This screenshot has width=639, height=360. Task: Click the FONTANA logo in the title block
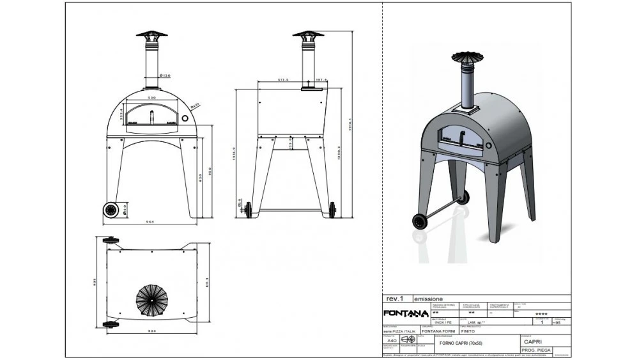click(x=406, y=313)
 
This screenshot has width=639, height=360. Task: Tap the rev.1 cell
click(x=395, y=299)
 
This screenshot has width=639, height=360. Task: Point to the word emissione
click(x=428, y=299)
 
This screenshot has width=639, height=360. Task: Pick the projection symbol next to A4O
click(x=408, y=340)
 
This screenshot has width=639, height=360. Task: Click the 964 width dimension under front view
click(x=151, y=222)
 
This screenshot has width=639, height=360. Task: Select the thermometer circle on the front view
click(x=185, y=118)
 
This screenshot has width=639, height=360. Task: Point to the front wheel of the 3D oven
click(x=420, y=221)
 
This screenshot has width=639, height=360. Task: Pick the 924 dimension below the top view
click(x=151, y=332)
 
